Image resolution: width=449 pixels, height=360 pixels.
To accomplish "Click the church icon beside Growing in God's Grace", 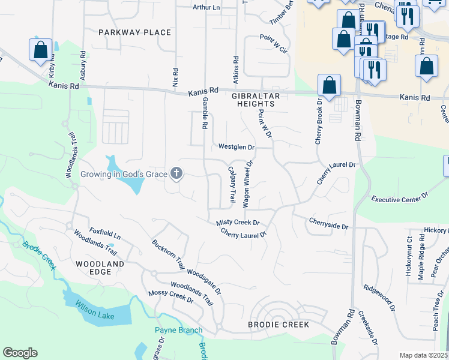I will [176, 174].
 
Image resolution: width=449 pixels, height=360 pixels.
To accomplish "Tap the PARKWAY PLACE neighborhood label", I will [127, 32].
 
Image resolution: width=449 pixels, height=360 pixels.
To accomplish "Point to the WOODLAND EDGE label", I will [100, 268].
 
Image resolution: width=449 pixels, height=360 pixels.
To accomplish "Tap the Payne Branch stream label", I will [179, 330].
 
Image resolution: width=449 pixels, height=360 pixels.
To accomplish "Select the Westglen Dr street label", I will [237, 146].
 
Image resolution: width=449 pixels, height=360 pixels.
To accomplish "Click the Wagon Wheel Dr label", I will [248, 184].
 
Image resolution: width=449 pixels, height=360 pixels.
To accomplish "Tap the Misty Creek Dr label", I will [238, 223].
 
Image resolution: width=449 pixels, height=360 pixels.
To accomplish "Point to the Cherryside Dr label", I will [328, 223].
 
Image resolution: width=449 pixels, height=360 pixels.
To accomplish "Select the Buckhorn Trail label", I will [168, 254].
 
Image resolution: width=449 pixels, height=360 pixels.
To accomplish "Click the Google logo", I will [20, 353].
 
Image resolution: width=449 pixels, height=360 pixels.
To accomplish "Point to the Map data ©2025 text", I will [423, 355].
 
